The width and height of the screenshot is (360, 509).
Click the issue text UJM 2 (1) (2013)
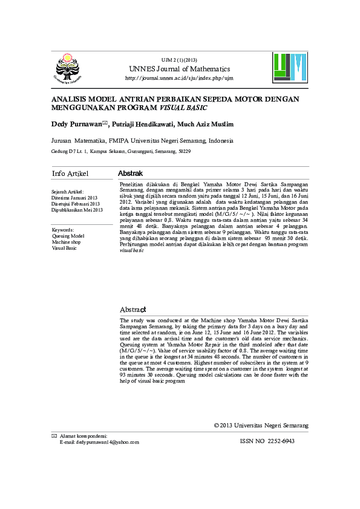coord(179,60)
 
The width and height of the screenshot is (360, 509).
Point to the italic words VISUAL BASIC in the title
coord(183,108)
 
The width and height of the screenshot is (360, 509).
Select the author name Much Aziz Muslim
coord(206,124)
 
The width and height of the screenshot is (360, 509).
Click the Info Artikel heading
coord(70,173)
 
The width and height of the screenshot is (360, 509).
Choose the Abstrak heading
coord(130,173)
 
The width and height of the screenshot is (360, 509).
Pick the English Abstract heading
coord(133,310)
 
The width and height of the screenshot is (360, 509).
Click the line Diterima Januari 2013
coord(74,198)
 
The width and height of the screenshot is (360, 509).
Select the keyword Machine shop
coord(66,242)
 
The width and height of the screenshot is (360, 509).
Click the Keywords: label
coord(63,230)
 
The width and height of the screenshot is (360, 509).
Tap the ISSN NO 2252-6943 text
coord(267,441)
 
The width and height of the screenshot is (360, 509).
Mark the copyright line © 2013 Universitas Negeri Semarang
coord(261,426)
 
